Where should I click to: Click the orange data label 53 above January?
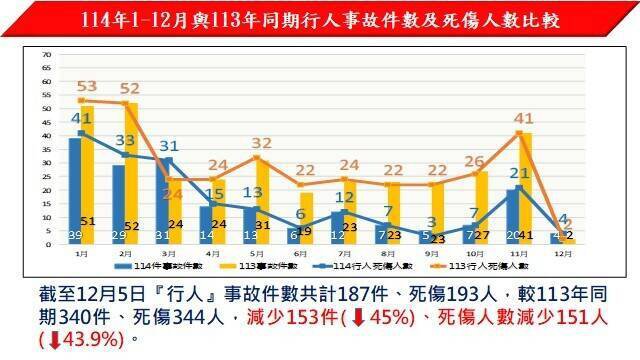click(87, 88)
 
